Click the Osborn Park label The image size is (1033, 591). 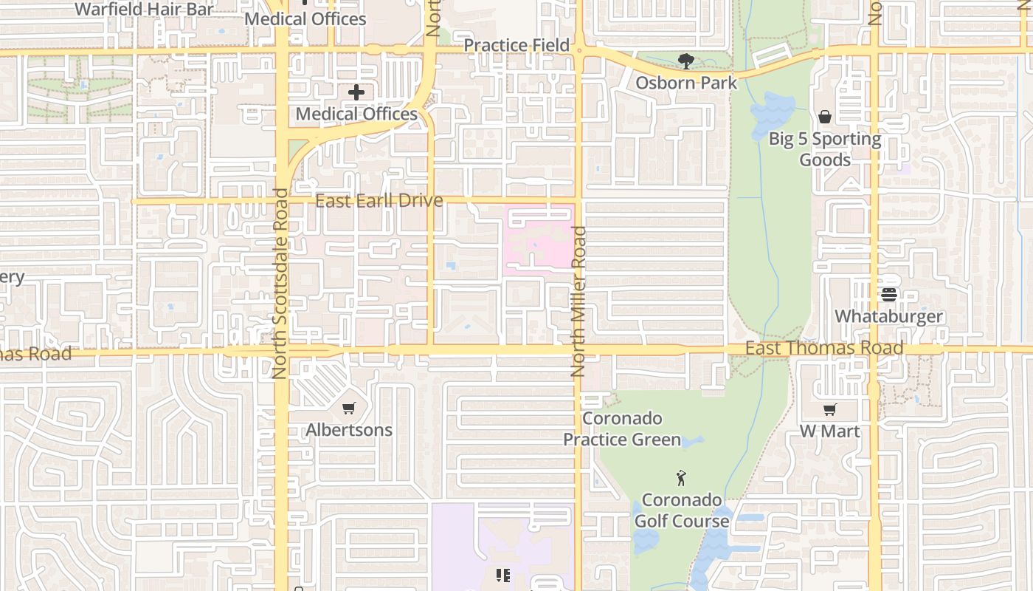[686, 83]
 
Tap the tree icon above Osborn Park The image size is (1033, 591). [686, 61]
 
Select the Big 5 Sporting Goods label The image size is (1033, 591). [825, 149]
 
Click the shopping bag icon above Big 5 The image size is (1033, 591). [825, 117]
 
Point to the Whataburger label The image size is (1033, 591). [888, 316]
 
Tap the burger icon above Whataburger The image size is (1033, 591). [888, 295]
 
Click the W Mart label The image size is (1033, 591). [830, 431]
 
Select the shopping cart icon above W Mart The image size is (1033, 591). [830, 409]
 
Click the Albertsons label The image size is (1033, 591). [349, 430]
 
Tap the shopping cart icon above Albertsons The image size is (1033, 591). [349, 408]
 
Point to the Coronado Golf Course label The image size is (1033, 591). [682, 510]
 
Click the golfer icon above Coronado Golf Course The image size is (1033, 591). [681, 478]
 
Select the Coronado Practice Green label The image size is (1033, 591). [622, 429]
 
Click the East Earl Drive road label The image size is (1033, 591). [379, 201]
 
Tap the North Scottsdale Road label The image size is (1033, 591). [280, 284]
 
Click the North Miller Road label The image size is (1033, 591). [579, 301]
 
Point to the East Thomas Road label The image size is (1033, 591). [824, 348]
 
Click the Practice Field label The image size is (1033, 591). [516, 45]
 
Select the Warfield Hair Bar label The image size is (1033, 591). [144, 9]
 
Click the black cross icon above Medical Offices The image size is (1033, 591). [356, 92]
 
